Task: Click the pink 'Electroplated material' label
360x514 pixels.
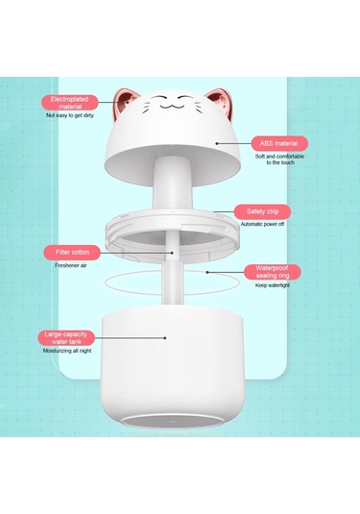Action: [x=69, y=103]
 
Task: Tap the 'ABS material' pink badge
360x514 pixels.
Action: [x=279, y=143]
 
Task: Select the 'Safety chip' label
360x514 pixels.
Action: [x=262, y=211]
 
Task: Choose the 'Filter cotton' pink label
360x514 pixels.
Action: [x=72, y=253]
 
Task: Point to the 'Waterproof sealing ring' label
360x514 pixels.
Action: [x=273, y=272]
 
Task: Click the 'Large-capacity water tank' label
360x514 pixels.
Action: [x=66, y=338]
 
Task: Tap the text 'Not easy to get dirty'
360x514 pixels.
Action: [x=70, y=115]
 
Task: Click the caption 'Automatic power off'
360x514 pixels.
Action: [x=262, y=224]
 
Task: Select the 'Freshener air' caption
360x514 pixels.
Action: [x=71, y=265]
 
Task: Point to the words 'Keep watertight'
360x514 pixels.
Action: [x=273, y=285]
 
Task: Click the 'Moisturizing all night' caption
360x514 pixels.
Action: [x=67, y=351]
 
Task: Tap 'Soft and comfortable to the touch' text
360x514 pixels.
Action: [x=279, y=159]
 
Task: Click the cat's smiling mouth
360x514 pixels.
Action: [x=172, y=106]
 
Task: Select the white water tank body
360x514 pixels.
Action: [x=172, y=367]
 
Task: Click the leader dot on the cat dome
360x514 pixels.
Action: [x=217, y=143]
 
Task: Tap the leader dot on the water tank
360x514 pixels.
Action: [x=165, y=337]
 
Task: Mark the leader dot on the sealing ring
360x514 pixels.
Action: [x=207, y=272]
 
